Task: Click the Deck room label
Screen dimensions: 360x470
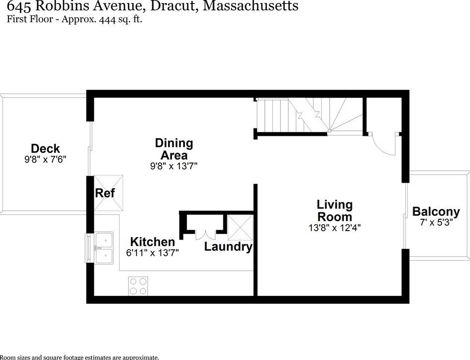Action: tap(45, 148)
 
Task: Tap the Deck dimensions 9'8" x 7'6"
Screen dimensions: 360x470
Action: tap(45, 160)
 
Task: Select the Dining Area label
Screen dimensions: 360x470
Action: tap(173, 149)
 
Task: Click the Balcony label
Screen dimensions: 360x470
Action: tap(436, 212)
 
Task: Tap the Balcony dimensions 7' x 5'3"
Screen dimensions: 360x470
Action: tap(436, 222)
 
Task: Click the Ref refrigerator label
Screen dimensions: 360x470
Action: tap(105, 193)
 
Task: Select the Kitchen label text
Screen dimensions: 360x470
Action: tap(152, 242)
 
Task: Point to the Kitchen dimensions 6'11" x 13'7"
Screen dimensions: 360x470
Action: tap(152, 252)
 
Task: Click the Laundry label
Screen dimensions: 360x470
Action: tap(228, 246)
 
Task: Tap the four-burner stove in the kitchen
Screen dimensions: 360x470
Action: tap(138, 285)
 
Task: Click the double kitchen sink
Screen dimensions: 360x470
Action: tap(104, 247)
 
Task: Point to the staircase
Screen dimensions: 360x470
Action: tap(309, 115)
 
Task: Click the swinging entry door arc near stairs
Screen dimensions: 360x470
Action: tap(384, 144)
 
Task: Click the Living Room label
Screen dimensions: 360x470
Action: tap(335, 210)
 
